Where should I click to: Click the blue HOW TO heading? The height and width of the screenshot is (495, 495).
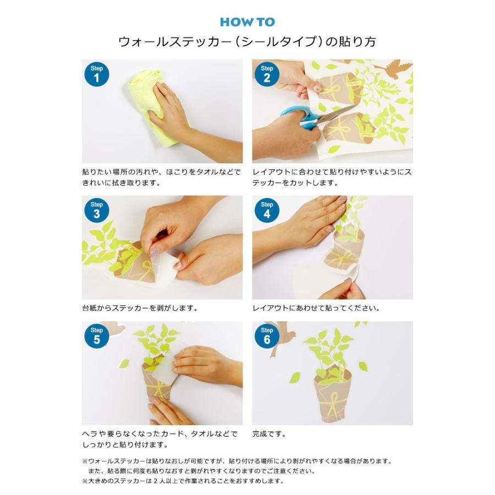[x=247, y=23]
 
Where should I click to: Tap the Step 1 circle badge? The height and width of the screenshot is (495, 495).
[x=96, y=74]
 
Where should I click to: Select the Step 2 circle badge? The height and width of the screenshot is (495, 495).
[x=267, y=74]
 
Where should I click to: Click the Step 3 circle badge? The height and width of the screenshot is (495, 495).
[x=96, y=210]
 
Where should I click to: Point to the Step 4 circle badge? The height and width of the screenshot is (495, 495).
[x=267, y=210]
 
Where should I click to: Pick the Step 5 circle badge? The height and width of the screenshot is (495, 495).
[x=96, y=335]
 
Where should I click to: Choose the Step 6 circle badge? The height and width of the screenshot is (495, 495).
[x=267, y=335]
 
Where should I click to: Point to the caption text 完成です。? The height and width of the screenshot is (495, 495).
[x=269, y=434]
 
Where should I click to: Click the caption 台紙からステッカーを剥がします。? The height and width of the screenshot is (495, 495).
[x=140, y=309]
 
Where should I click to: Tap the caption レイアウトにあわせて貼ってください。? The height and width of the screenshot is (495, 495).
[x=316, y=309]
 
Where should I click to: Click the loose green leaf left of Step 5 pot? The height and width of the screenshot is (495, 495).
[x=124, y=363]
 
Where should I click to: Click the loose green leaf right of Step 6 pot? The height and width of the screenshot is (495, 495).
[x=363, y=366]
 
